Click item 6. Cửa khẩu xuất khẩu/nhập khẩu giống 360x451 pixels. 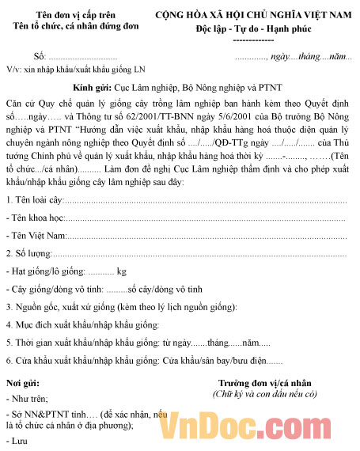coord(142,361)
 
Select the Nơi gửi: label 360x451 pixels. coord(23,383)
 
